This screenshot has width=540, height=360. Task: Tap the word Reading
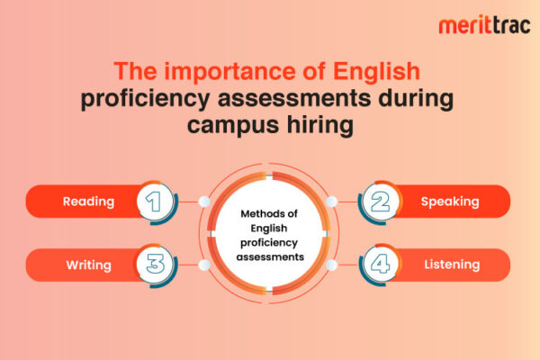coord(88,202)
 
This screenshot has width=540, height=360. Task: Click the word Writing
coord(88,265)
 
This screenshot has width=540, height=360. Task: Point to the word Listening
coord(451,265)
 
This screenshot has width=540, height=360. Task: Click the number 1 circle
coord(155,202)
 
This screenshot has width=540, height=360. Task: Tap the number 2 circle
coord(379,202)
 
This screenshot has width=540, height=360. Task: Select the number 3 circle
coord(155,265)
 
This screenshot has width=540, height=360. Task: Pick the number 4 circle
coord(379,265)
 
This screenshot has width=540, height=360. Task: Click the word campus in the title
coord(232,124)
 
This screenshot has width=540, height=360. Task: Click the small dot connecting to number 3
coord(204,265)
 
